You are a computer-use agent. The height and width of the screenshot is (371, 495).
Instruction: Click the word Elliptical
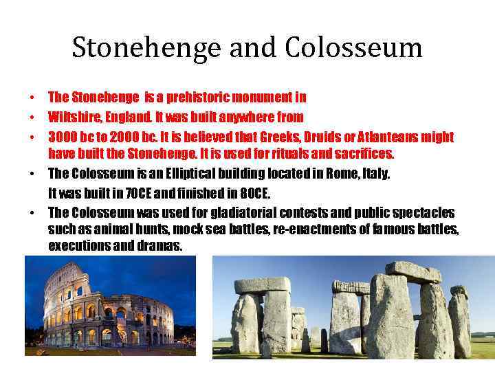pos(206,174)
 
